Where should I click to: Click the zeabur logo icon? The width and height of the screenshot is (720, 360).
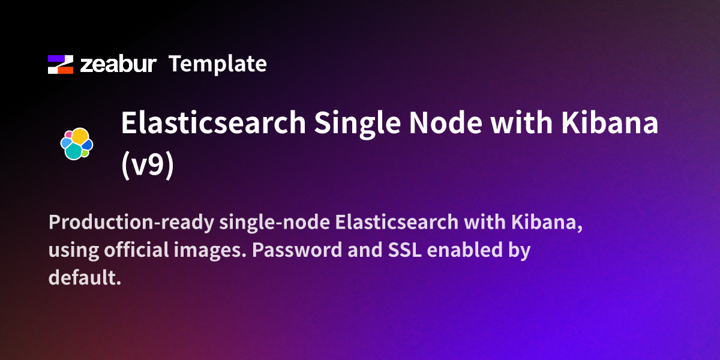(x=60, y=64)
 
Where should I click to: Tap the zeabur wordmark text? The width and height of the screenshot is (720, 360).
(x=118, y=64)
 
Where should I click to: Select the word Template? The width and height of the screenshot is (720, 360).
(x=217, y=64)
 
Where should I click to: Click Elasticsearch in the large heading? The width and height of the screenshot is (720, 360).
(x=213, y=124)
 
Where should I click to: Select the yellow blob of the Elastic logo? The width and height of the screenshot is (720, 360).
(x=81, y=136)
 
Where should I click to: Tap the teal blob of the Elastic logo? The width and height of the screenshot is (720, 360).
(x=73, y=151)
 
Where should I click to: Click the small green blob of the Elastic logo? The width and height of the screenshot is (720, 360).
(x=85, y=154)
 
